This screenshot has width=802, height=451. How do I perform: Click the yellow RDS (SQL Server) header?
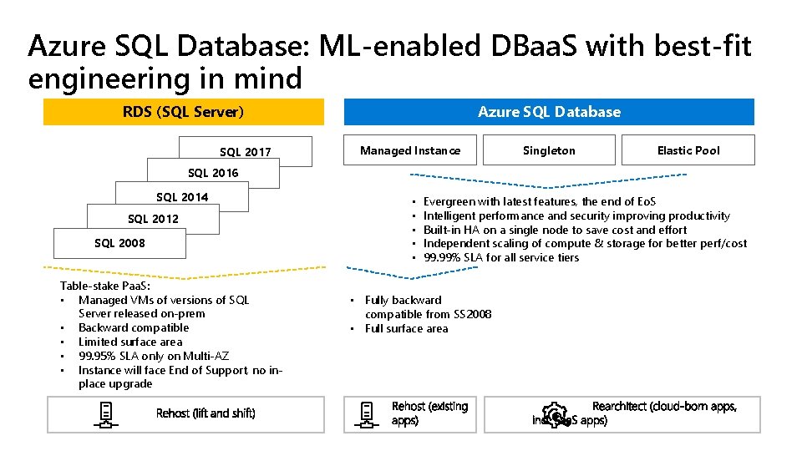(183, 112)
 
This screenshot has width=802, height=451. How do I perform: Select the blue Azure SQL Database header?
(549, 112)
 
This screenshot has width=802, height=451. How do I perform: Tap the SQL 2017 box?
(245, 152)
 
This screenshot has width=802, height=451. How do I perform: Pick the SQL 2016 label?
(213, 173)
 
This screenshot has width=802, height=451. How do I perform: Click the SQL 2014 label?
(182, 197)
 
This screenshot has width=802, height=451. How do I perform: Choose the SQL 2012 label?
(153, 219)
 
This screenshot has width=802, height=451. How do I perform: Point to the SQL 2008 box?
(119, 243)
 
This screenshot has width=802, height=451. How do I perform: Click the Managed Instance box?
(409, 150)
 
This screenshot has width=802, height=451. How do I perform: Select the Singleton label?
(549, 150)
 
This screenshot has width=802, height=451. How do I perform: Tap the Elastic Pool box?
(688, 150)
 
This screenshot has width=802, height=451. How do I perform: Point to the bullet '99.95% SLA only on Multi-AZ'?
(155, 356)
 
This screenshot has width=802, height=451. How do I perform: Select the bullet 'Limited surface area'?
(130, 342)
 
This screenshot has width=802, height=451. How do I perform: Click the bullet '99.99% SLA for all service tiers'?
(501, 257)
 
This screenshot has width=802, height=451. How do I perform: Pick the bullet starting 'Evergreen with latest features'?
(540, 201)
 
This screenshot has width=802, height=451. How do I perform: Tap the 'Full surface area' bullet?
(406, 328)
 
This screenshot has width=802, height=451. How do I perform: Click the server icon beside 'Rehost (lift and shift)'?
(107, 414)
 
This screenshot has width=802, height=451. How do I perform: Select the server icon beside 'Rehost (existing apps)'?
(367, 414)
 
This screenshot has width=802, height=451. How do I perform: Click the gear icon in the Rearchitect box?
(554, 415)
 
